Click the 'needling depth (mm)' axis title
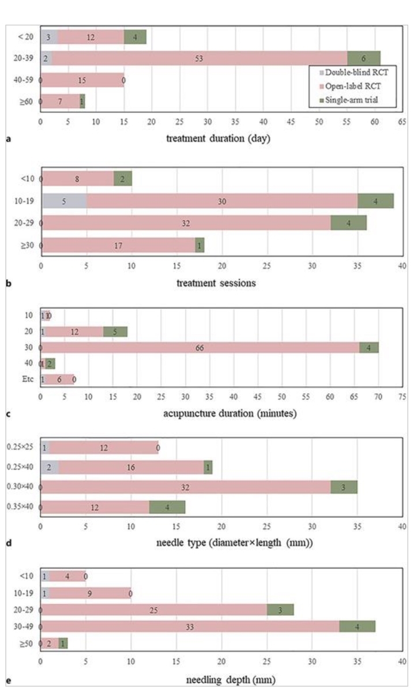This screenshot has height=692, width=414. (x=221, y=680)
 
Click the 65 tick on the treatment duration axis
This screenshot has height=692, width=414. (x=402, y=123)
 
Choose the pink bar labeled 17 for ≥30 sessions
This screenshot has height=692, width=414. (x=118, y=245)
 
